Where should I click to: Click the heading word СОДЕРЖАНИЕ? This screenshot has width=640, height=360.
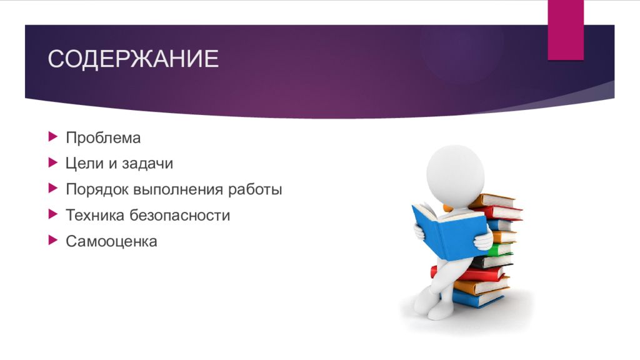(x=133, y=60)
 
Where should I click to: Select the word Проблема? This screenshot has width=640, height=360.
(x=103, y=137)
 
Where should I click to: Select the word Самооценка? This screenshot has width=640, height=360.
(x=111, y=241)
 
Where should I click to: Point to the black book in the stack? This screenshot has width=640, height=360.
(x=494, y=261)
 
